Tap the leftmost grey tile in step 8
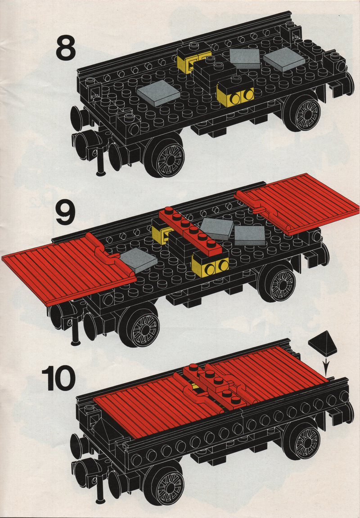[158, 93]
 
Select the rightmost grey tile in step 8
[284, 59]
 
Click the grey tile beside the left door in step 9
[138, 260]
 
